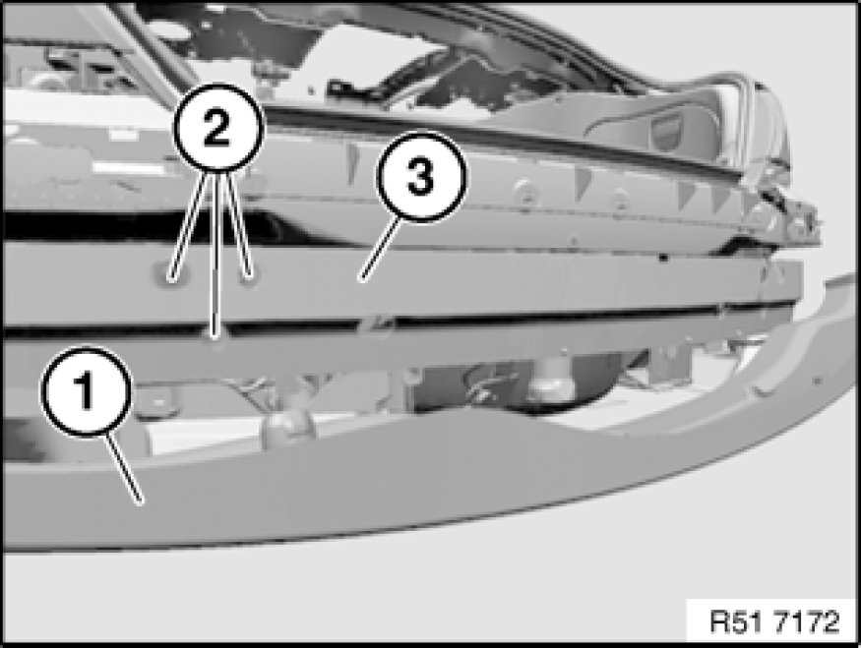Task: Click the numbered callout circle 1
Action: [x=86, y=391]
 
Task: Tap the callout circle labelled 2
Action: [x=218, y=127]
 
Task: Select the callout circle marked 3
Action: [x=422, y=177]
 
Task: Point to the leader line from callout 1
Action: [x=124, y=468]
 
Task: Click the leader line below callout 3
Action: [x=380, y=250]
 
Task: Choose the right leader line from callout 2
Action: [x=240, y=222]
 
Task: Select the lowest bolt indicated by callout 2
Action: [x=216, y=335]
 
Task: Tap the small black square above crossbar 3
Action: [x=663, y=257]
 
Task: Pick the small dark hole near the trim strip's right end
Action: [x=817, y=380]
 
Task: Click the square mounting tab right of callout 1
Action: [x=158, y=402]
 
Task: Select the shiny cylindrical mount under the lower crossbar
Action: [x=549, y=383]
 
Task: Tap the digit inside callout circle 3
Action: [x=422, y=177]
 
